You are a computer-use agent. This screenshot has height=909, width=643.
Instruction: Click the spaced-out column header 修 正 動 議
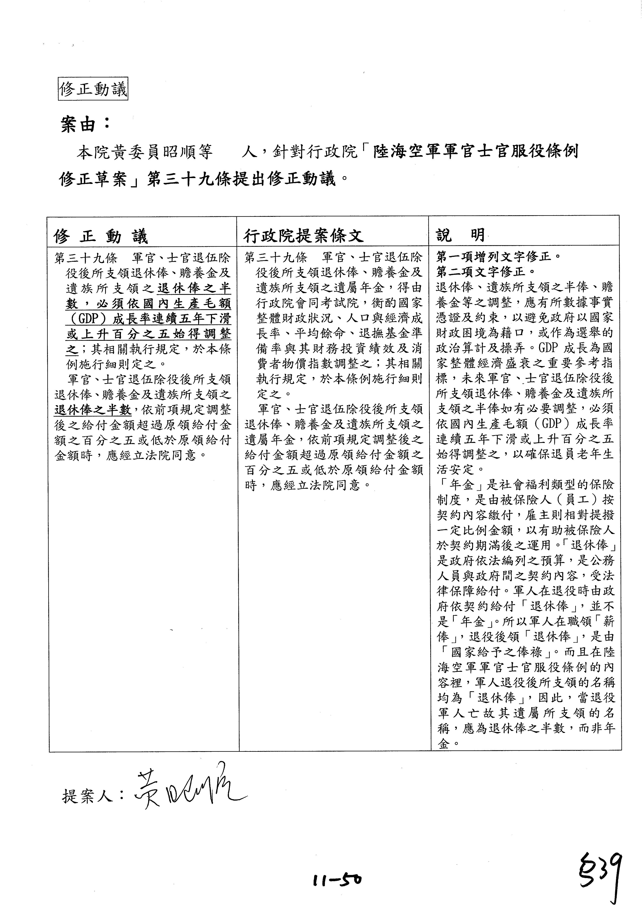tap(101, 237)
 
